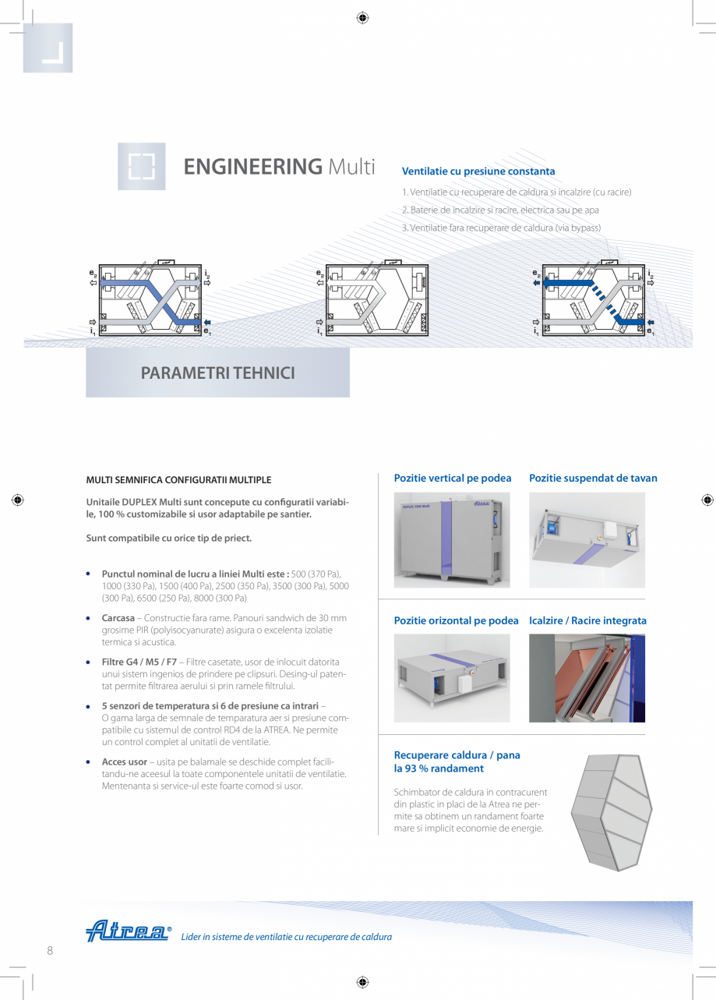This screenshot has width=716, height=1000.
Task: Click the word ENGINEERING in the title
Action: click(252, 167)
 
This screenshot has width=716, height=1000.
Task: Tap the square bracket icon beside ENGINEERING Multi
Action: click(142, 167)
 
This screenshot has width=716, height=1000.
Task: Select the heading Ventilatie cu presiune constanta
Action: click(478, 171)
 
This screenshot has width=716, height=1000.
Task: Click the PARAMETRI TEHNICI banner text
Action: click(217, 373)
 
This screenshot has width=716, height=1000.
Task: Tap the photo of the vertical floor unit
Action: click(452, 539)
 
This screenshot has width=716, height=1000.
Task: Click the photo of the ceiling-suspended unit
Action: click(587, 539)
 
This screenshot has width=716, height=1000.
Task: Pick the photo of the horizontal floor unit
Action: click(452, 677)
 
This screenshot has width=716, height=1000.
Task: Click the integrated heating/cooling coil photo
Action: click(587, 677)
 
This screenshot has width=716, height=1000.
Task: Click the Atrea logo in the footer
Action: click(128, 931)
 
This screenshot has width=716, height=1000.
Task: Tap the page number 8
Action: click(50, 950)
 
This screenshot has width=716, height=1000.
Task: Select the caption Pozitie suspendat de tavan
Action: click(593, 478)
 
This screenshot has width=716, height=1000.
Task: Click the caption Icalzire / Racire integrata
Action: click(587, 620)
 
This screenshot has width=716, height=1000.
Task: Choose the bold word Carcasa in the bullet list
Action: click(118, 618)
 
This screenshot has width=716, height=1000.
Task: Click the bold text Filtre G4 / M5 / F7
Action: click(139, 662)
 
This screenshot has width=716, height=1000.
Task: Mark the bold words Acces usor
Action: click(125, 761)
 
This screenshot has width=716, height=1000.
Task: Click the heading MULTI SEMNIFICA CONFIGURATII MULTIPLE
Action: click(178, 480)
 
